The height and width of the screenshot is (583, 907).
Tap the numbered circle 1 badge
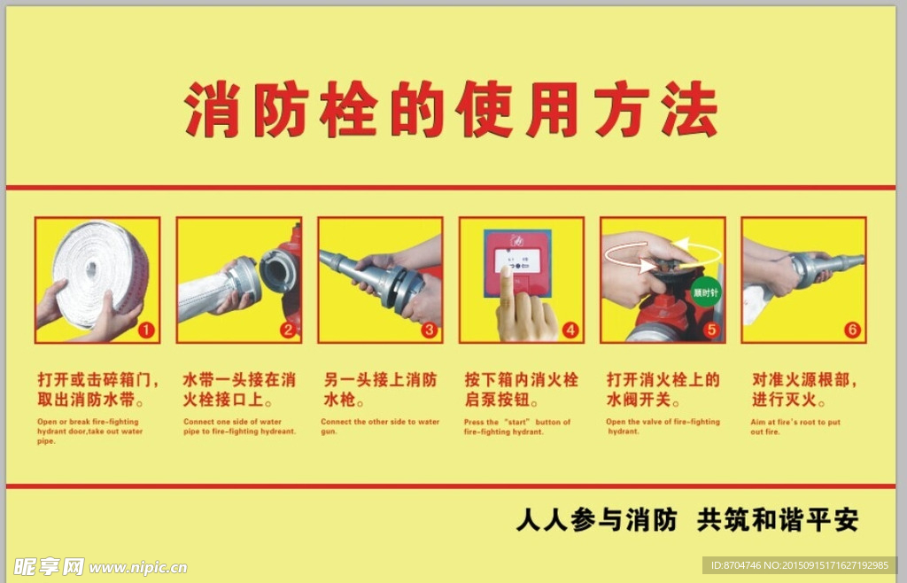click(x=146, y=330)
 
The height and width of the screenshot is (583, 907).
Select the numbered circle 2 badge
click(x=287, y=330)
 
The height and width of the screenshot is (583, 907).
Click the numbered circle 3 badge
click(x=429, y=330)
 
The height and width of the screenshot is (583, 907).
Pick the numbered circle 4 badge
click(x=570, y=330)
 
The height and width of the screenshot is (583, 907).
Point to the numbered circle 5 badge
click(x=711, y=330)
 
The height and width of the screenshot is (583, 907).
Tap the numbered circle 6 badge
click(x=852, y=330)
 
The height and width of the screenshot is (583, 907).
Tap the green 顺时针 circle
click(x=705, y=291)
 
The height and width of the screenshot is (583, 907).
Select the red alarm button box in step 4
click(x=517, y=262)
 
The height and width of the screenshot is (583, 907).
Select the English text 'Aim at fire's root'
click(x=795, y=426)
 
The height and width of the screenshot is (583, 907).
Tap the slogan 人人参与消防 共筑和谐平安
click(x=686, y=520)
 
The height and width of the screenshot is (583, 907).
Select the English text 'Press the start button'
click(x=517, y=426)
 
